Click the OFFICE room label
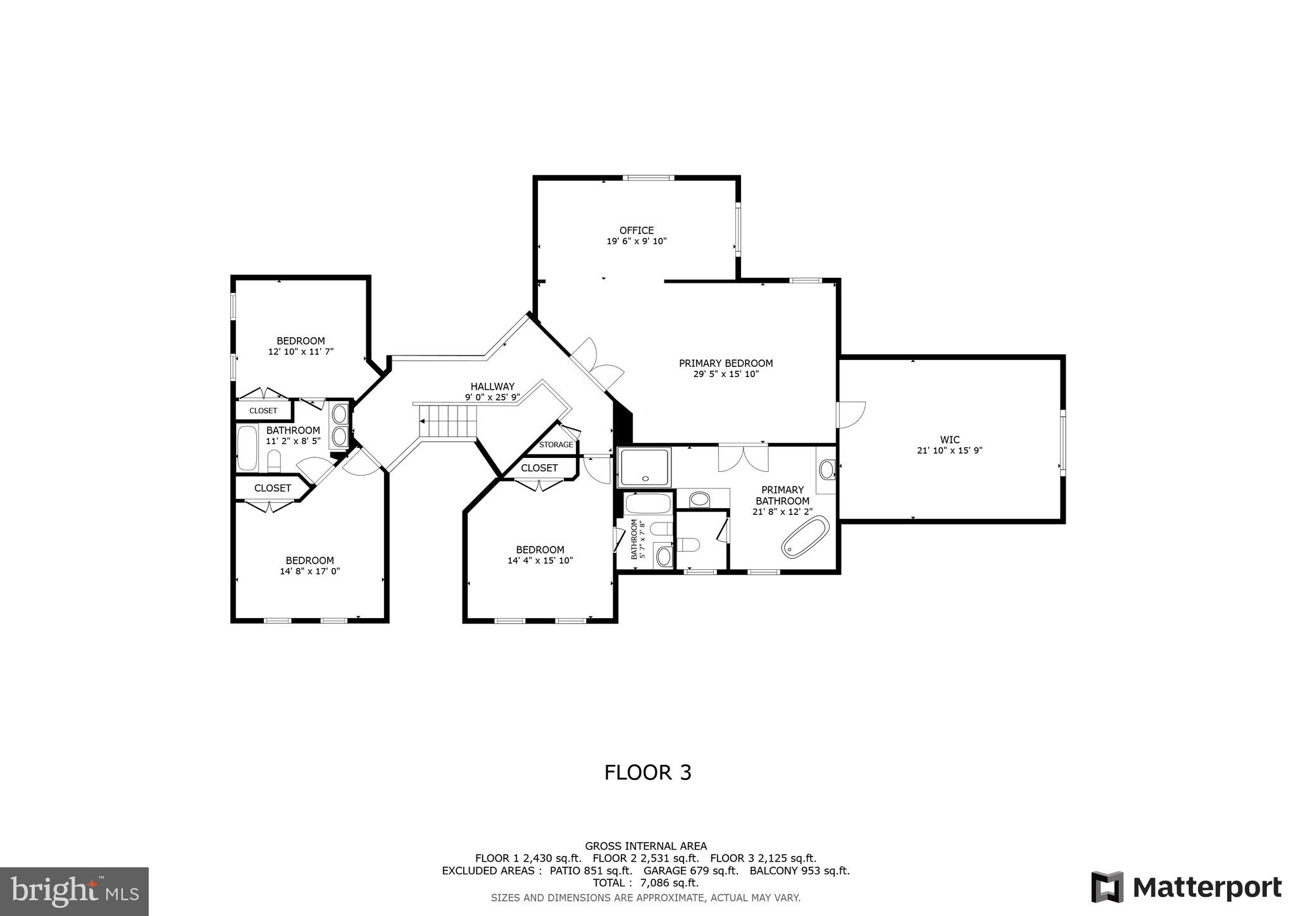636,230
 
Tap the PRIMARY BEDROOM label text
726,363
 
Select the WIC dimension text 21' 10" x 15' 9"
949,450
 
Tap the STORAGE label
556,445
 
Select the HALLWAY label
492,387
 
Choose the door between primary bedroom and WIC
850,414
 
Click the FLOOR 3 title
647,772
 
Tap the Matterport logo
1187,887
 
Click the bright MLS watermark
75,891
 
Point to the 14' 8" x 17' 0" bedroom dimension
309,571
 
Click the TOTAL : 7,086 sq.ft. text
645,882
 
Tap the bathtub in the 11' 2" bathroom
247,448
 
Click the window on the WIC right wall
1062,441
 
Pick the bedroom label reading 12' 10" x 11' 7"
301,352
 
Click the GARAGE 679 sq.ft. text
690,870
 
